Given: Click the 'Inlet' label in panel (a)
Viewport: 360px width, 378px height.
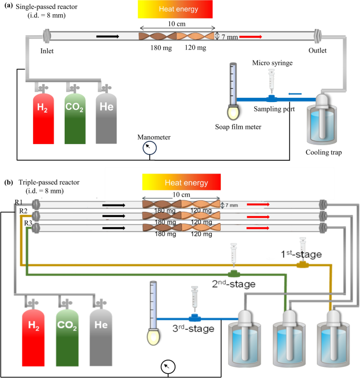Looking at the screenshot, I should click(x=48, y=51).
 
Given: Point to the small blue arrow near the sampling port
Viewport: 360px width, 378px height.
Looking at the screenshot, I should click(x=294, y=94).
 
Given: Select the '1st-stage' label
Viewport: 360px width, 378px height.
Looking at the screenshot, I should click(x=301, y=254).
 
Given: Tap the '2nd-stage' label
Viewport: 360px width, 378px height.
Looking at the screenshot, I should click(x=233, y=284).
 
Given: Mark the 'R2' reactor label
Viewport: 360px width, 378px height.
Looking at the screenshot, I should click(x=23, y=211).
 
